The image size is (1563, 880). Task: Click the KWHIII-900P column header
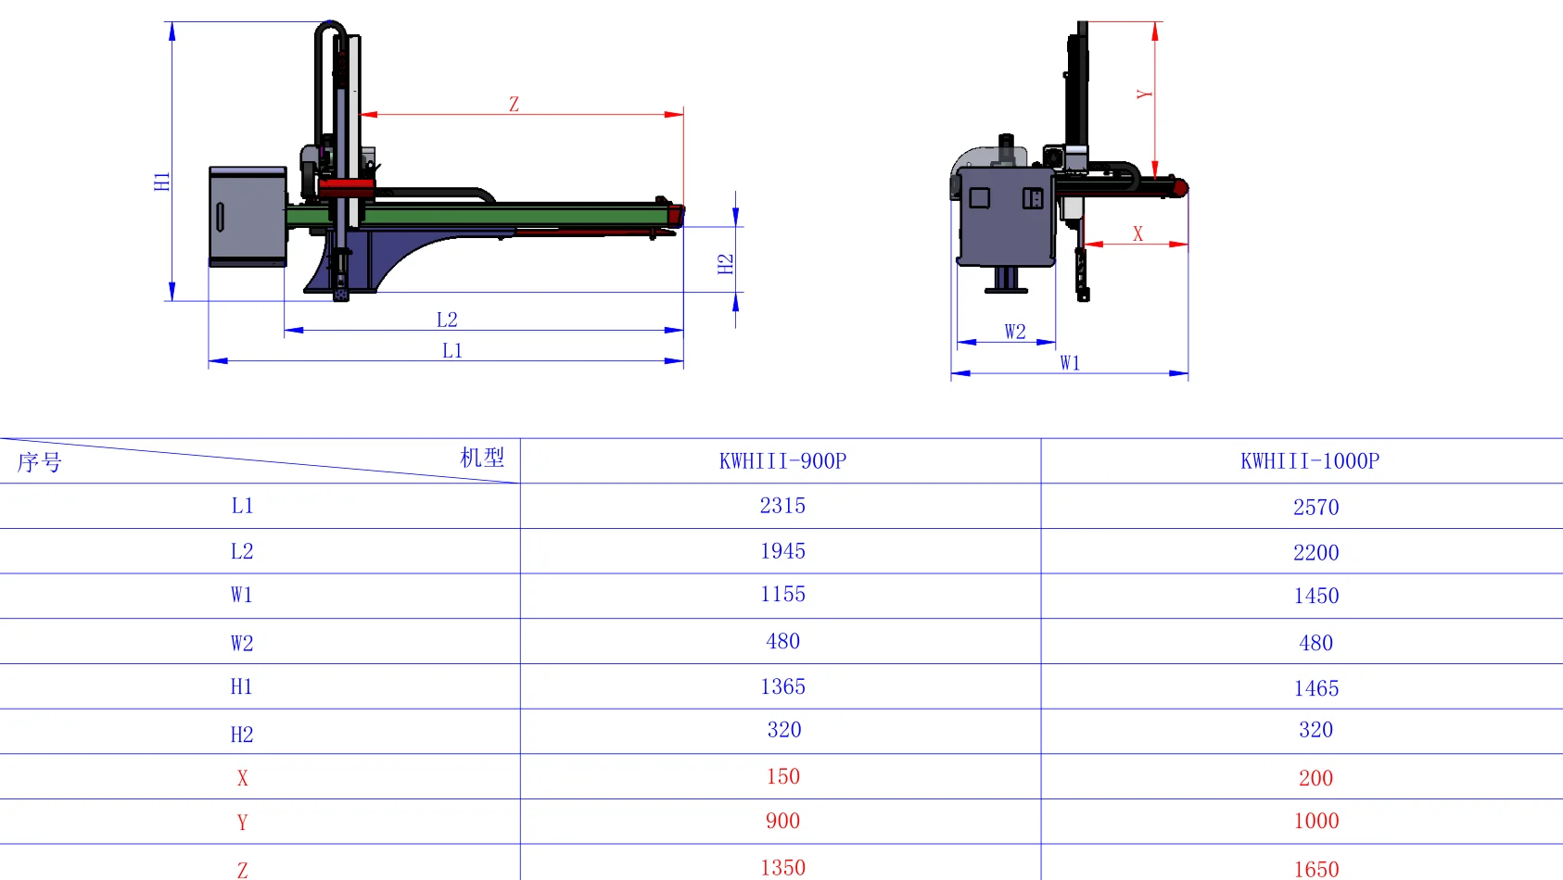[x=782, y=461]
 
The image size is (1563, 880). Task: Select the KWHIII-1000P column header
[x=1309, y=461]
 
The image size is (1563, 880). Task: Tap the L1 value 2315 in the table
[x=782, y=506]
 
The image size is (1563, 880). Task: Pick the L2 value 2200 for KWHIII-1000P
[x=1315, y=553]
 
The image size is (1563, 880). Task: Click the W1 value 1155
[x=782, y=595]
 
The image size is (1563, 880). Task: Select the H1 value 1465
[x=1315, y=688]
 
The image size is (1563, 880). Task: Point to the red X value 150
[x=782, y=777]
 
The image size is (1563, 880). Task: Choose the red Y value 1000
[x=1315, y=822]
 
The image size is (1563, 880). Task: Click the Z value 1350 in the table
[x=782, y=868]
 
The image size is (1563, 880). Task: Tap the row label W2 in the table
[x=241, y=644]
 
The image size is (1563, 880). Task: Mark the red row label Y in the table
[x=242, y=823]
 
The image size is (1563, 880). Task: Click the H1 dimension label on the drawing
[x=162, y=182]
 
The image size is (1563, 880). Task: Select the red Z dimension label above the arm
[x=514, y=105]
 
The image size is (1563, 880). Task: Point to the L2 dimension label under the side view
[x=447, y=320]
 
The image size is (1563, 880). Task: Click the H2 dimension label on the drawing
[x=725, y=264]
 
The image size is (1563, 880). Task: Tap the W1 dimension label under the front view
[x=1070, y=363]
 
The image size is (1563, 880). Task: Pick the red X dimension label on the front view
[x=1137, y=234]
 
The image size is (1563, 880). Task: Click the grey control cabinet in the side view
[x=248, y=216]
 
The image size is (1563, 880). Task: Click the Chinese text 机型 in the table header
[x=482, y=458]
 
